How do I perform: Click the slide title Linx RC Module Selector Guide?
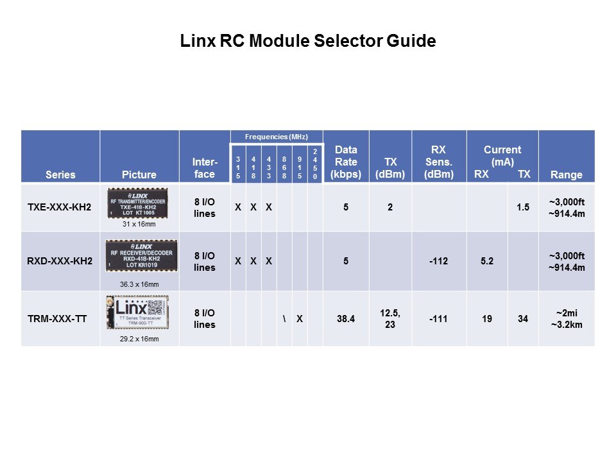coord(308,42)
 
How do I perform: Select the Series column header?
coord(60,175)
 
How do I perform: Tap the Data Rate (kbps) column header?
coord(346,162)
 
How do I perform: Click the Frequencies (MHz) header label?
coord(277,137)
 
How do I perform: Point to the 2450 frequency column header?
coord(315,164)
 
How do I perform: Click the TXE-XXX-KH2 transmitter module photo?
coord(139,203)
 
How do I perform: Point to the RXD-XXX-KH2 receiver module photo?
coord(139,259)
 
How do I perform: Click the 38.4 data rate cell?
coord(346,319)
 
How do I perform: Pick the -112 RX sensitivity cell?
coord(439,262)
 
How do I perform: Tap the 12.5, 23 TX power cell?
coord(390,319)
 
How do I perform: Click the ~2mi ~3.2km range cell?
coord(566,319)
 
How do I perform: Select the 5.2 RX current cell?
coord(487,262)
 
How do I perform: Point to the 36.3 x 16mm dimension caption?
coord(139,284)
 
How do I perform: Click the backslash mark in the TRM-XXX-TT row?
coord(284,319)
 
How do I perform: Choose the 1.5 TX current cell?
coord(523,208)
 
